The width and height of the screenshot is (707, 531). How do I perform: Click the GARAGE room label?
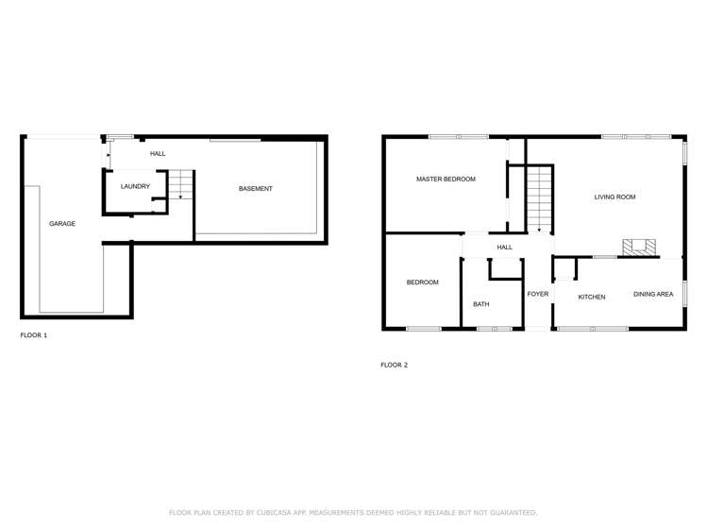(x=62, y=224)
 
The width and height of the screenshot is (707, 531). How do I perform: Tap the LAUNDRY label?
(x=135, y=186)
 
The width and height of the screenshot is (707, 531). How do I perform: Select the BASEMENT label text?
(x=255, y=189)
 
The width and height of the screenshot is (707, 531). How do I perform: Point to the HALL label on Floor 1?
(x=158, y=154)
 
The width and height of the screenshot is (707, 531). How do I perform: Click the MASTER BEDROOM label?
(x=446, y=179)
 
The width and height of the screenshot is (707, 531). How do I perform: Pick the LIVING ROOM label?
(x=614, y=197)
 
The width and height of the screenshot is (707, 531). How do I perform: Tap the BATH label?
(x=481, y=304)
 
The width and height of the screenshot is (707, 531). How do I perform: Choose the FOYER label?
(x=538, y=294)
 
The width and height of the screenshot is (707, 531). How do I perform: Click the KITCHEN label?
(x=592, y=298)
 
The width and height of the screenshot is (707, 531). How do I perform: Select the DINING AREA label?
(x=653, y=294)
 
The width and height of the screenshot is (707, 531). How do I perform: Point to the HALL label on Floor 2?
(x=505, y=248)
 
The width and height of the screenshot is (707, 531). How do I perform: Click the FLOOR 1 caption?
(x=34, y=335)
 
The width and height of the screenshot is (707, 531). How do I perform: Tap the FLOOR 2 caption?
(x=395, y=365)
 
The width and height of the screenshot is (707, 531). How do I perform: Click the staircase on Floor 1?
(x=180, y=184)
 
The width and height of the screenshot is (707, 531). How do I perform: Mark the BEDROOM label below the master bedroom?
(x=423, y=283)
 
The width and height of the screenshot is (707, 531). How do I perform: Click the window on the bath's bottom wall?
(x=494, y=329)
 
